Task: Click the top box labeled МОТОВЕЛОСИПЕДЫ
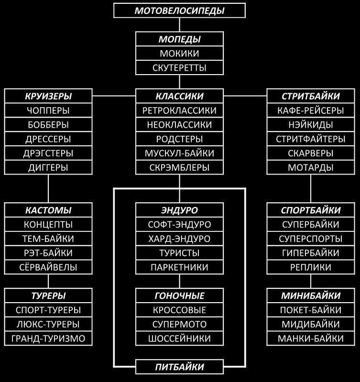(179, 11)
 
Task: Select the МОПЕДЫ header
(179, 39)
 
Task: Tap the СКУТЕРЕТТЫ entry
(179, 67)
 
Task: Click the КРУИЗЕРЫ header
(48, 96)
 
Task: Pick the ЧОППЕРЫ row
(48, 110)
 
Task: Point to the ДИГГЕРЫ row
(48, 167)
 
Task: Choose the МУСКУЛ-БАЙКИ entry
(179, 153)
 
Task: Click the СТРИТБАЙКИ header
(311, 96)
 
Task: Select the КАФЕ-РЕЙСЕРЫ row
(311, 110)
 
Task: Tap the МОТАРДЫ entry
(311, 167)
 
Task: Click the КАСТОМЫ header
(48, 210)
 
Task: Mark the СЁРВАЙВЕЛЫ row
(48, 267)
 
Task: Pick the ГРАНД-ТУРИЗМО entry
(48, 338)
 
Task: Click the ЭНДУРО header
(179, 210)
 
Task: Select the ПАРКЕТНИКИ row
(179, 267)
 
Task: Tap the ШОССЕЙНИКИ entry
(179, 338)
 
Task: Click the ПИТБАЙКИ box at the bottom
(179, 367)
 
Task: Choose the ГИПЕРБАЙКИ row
(311, 253)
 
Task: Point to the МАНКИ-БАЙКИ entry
(311, 338)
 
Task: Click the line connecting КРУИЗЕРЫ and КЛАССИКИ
(114, 96)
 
